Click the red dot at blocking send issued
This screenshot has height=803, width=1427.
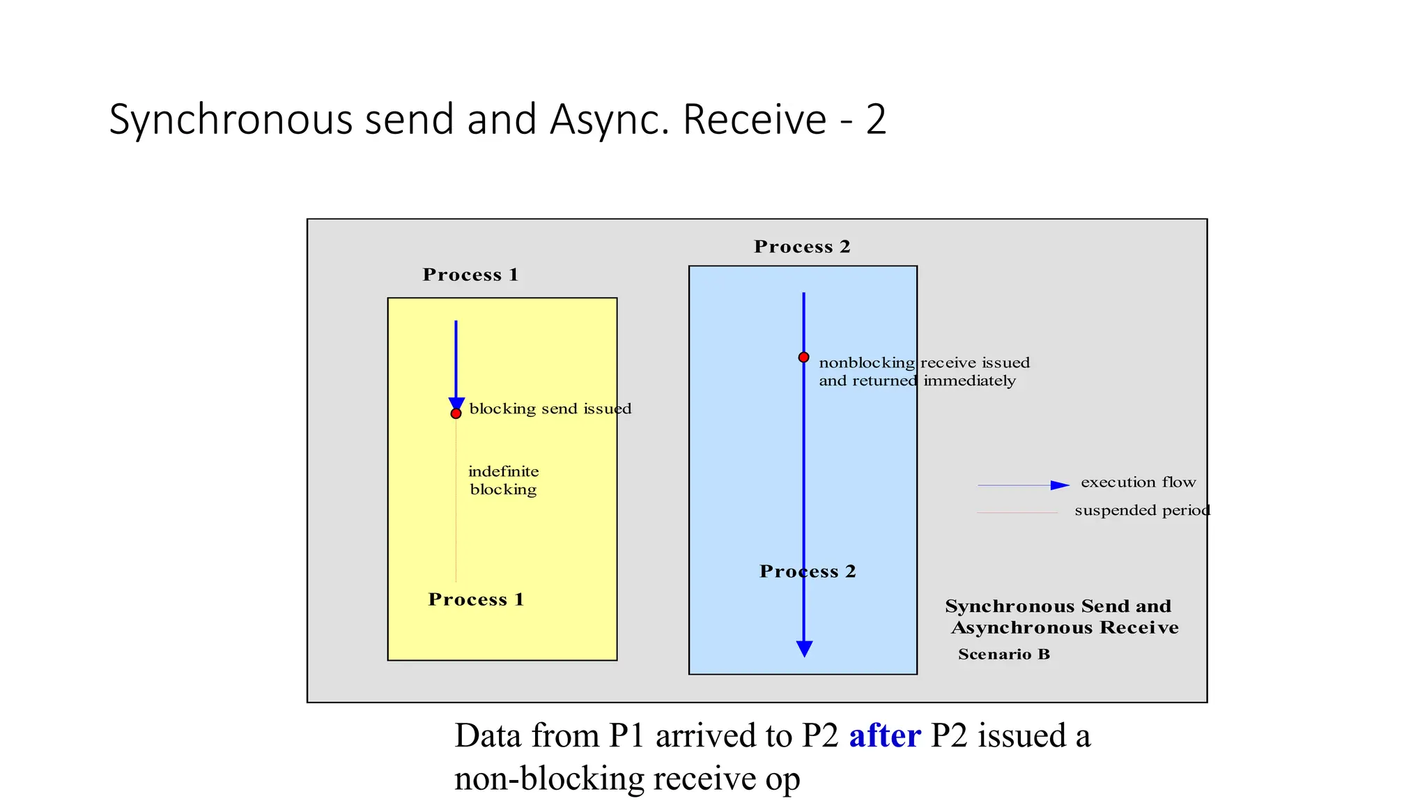click(x=456, y=413)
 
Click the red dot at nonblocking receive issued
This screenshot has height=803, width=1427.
click(x=803, y=357)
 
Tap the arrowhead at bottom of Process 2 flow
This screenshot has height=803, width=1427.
click(x=804, y=649)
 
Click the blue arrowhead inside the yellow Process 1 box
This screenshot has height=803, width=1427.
click(x=456, y=404)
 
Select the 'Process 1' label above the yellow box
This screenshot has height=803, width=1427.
click(x=470, y=275)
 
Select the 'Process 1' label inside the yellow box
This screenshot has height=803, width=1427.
click(x=476, y=599)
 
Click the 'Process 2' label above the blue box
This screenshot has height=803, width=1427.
click(x=802, y=247)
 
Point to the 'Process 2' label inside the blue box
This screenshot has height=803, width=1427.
click(x=808, y=572)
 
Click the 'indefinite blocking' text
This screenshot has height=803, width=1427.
click(x=503, y=480)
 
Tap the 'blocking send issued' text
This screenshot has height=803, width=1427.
click(x=550, y=408)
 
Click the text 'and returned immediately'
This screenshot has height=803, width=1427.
click(x=917, y=381)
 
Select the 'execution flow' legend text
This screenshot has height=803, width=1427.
click(x=1138, y=482)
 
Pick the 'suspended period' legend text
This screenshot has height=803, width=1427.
click(x=1142, y=510)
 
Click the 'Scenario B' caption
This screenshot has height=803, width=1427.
click(x=1003, y=654)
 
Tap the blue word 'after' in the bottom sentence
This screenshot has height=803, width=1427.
click(x=884, y=735)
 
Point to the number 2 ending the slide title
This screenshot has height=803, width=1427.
click(x=876, y=119)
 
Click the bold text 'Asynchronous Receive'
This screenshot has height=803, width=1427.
click(x=1065, y=627)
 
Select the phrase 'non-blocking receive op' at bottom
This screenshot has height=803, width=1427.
click(x=627, y=778)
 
